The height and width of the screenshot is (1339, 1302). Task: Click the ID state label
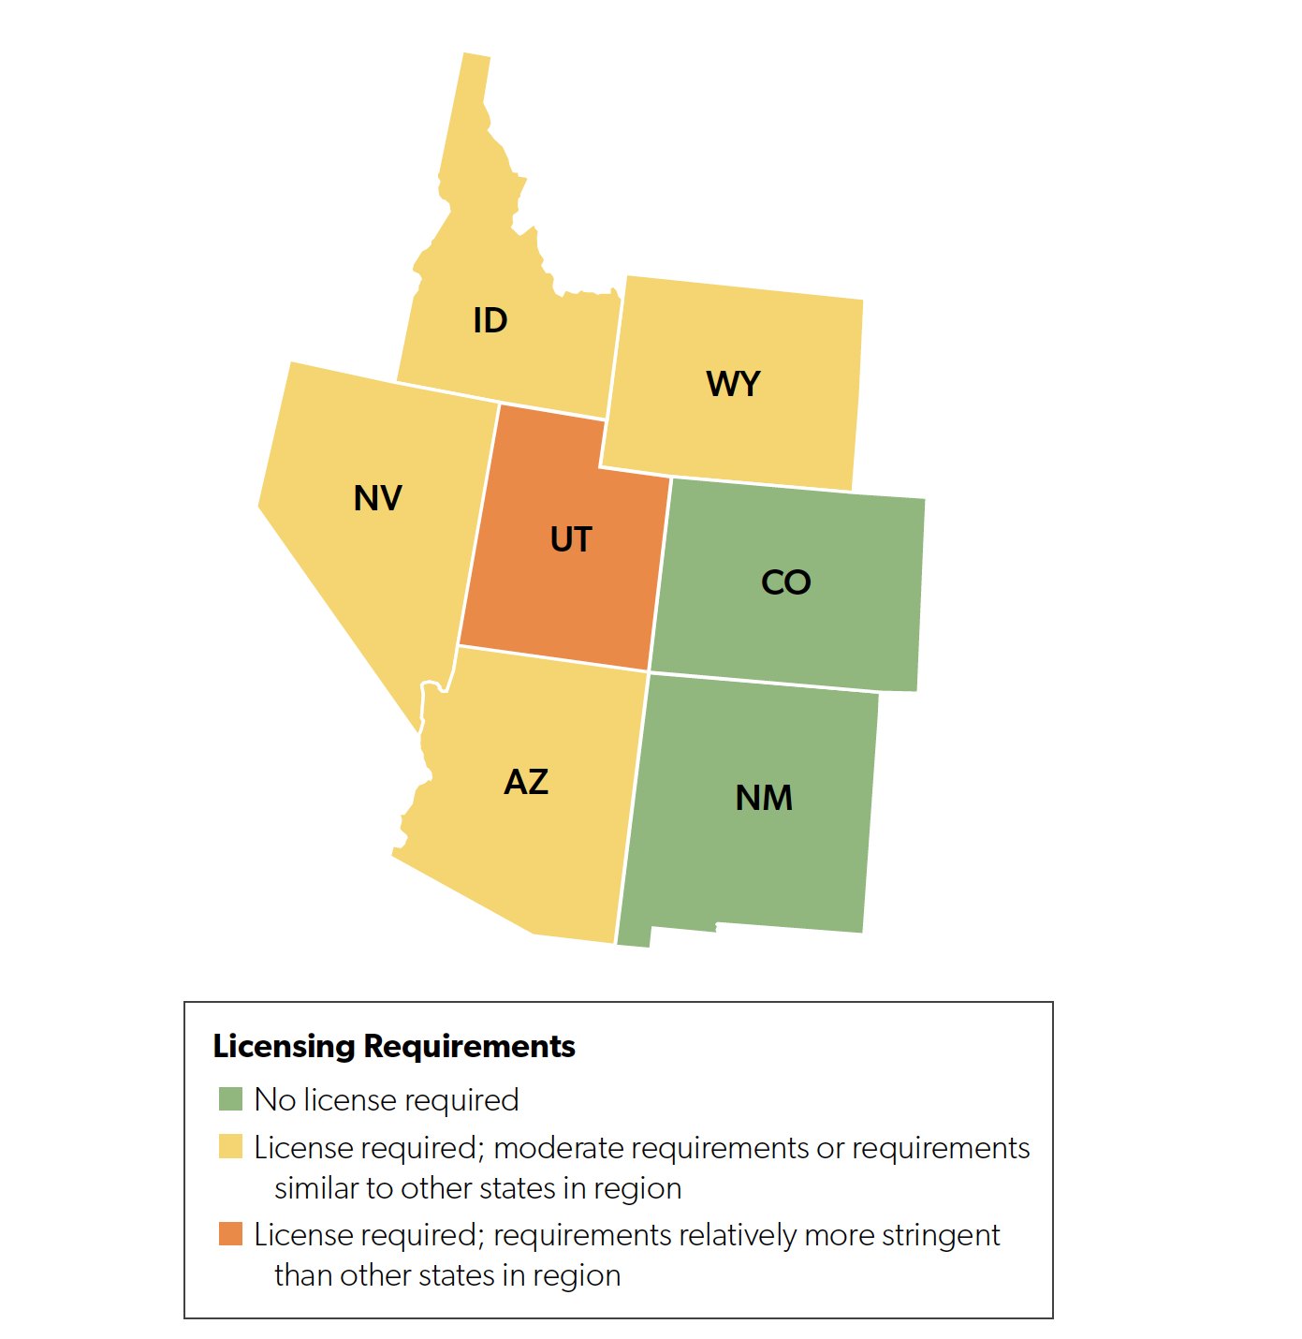[x=490, y=320]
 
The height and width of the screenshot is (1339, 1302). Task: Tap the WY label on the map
[x=733, y=384]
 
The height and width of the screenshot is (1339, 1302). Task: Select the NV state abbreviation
[x=377, y=498]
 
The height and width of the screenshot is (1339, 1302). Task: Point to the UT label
[x=571, y=539]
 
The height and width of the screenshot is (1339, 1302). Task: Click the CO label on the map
[x=785, y=582]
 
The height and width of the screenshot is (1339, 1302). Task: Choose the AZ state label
[x=526, y=782]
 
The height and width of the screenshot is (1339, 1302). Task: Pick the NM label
[x=764, y=798]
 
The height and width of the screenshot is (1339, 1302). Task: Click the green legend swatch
[x=230, y=1099]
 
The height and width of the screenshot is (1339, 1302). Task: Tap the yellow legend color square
[x=230, y=1147]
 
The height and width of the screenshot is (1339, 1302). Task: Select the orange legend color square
[x=230, y=1234]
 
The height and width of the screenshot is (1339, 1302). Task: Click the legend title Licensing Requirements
[x=393, y=1046]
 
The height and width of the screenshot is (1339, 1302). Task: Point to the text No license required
[x=386, y=1099]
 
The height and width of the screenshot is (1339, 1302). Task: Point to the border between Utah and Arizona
[x=552, y=658]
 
